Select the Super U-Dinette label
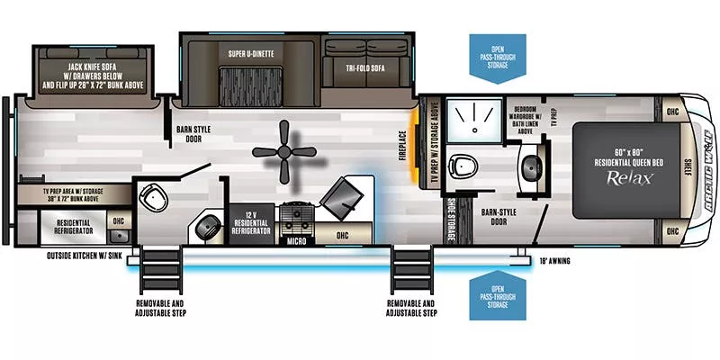coord(251,52)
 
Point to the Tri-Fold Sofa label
coord(365,68)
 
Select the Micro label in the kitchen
coord(296,241)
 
